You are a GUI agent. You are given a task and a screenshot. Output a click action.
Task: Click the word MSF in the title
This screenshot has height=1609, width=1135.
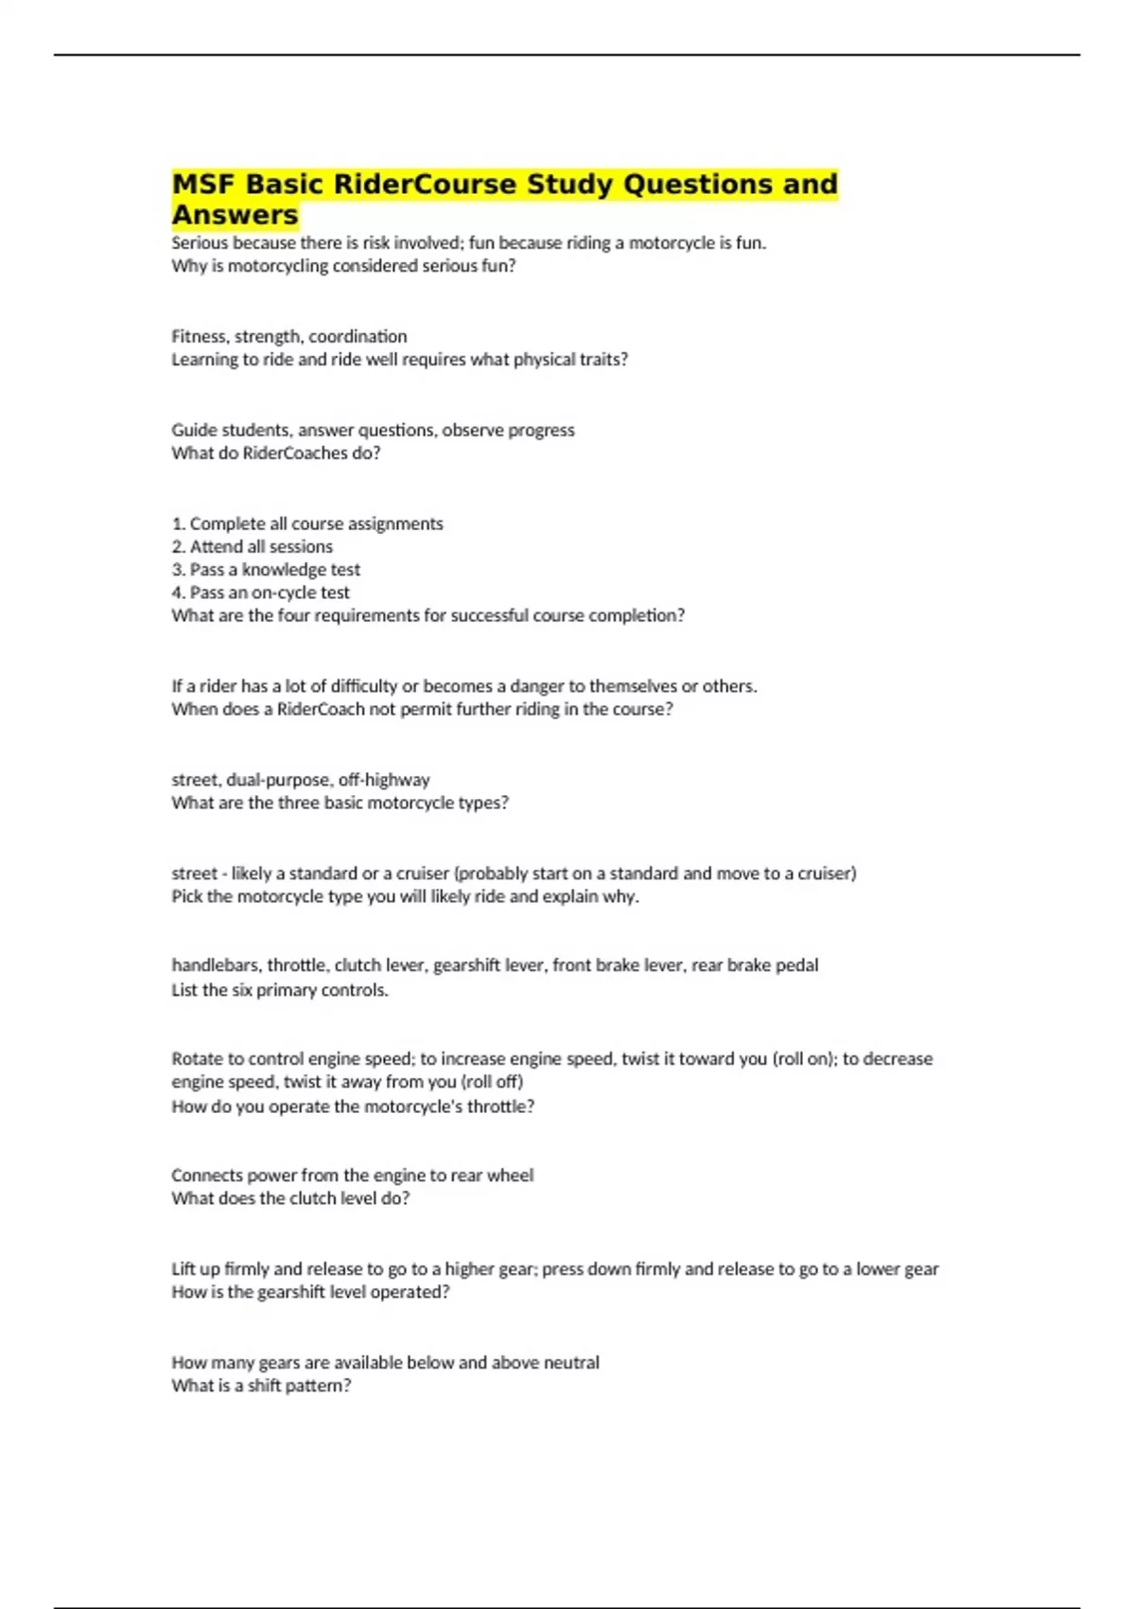pos(201,184)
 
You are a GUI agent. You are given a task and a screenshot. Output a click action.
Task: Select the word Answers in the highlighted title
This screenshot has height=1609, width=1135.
pos(235,215)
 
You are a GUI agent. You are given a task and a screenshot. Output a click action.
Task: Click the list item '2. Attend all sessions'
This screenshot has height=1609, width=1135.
pos(252,546)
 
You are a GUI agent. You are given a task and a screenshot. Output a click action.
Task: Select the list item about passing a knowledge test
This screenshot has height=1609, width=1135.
pos(265,569)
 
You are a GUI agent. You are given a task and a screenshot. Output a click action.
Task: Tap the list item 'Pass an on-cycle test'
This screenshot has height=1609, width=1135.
pos(260,592)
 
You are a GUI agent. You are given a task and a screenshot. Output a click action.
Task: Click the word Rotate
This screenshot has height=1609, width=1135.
pos(196,1058)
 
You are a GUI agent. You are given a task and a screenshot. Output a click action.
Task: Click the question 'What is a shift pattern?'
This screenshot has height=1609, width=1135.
pos(261,1386)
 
